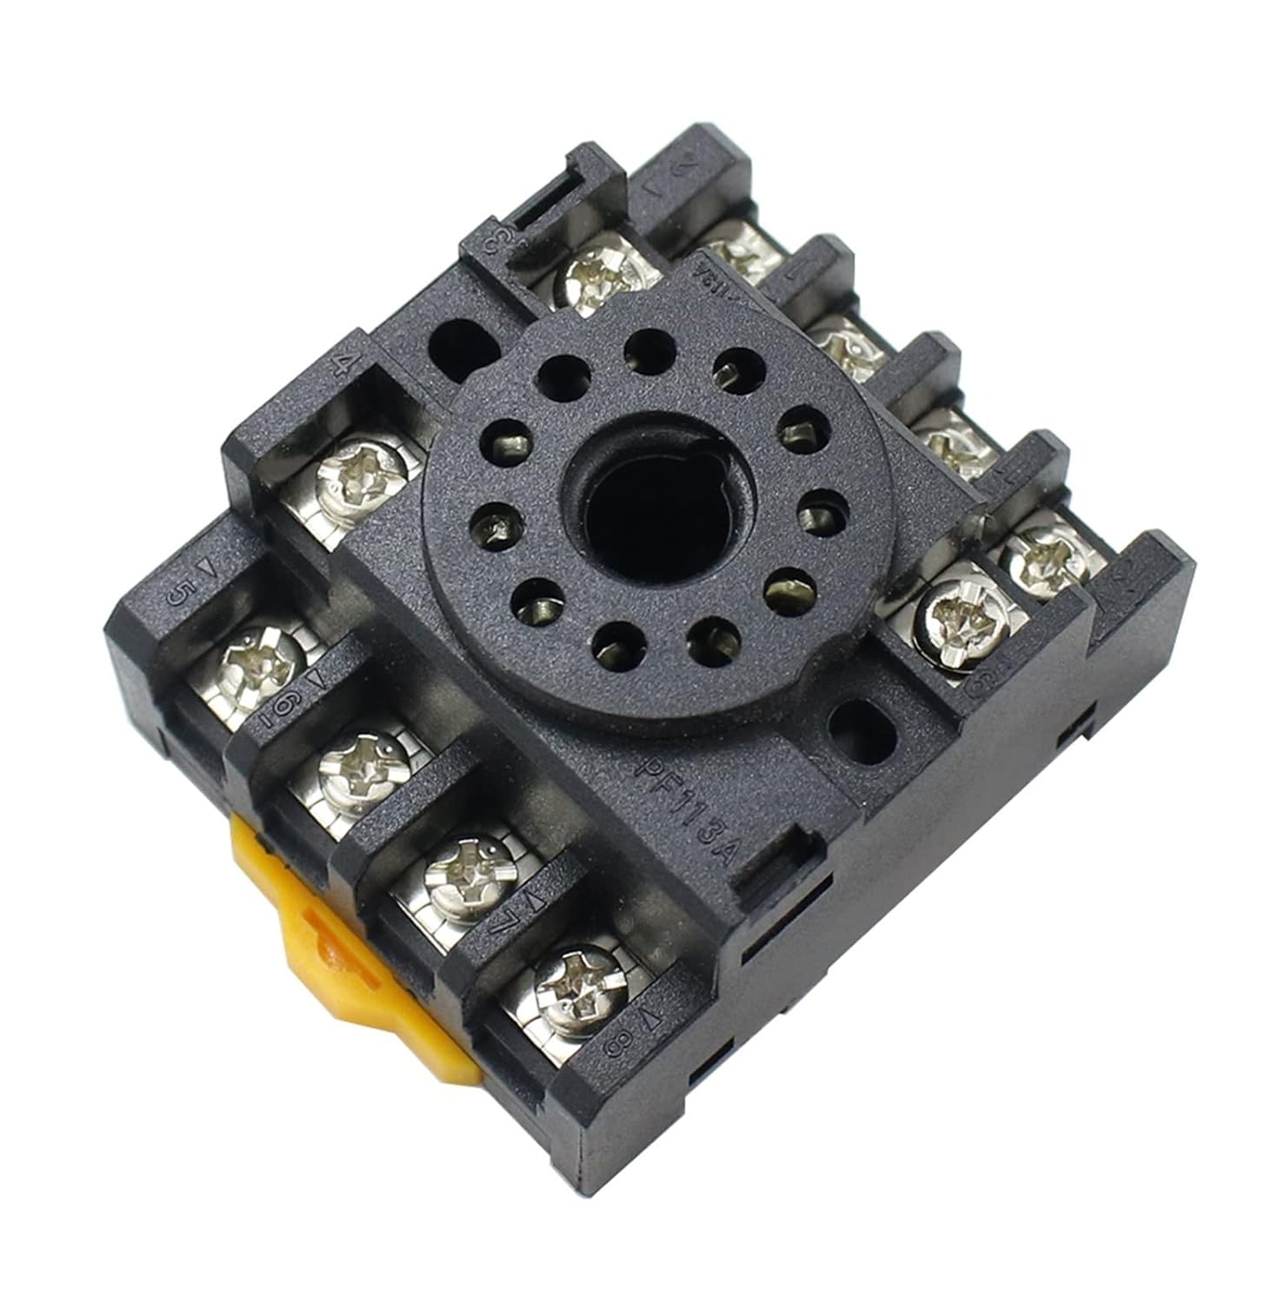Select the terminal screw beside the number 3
(x=602, y=277)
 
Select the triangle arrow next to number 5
(x=206, y=567)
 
